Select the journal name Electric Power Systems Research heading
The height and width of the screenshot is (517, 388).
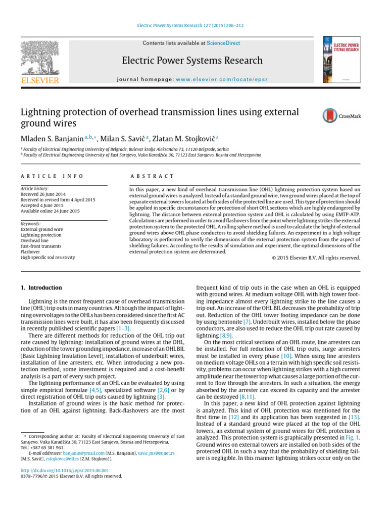click(x=192, y=61)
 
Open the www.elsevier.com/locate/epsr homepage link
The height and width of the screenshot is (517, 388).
click(x=222, y=80)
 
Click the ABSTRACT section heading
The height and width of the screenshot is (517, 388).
click(x=152, y=176)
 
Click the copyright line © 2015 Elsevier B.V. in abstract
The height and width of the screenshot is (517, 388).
click(x=313, y=258)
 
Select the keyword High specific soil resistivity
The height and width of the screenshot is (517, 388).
click(x=47, y=257)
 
